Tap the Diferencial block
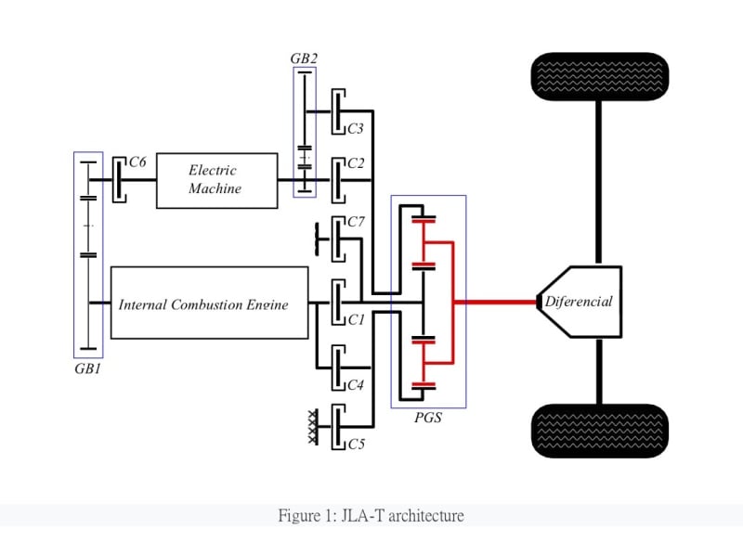point(578,302)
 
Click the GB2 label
point(304,58)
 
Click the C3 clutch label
point(355,129)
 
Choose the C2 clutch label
point(355,163)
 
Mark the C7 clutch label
point(356,222)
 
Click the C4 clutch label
point(355,384)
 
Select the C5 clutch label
point(356,445)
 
